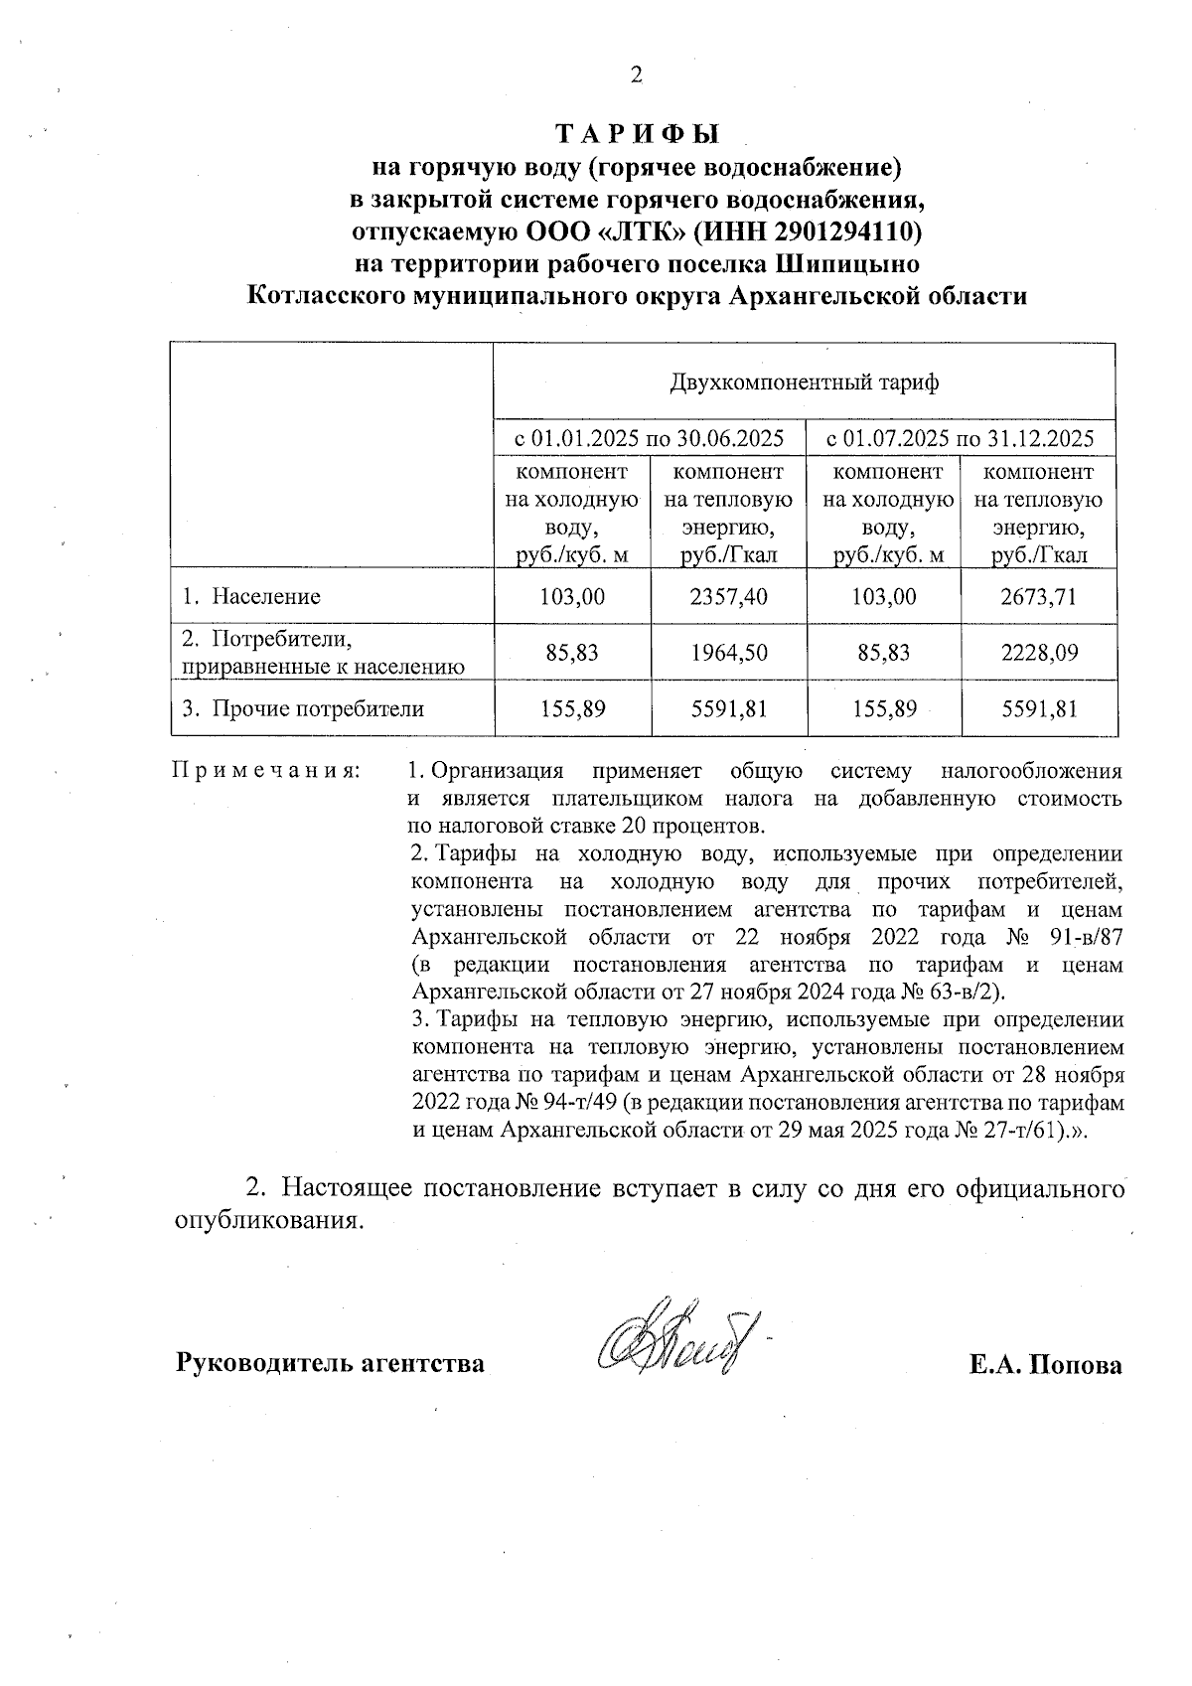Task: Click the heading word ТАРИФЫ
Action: [x=636, y=132]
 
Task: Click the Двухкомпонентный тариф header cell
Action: [x=805, y=383]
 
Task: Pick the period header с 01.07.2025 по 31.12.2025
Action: [x=962, y=438]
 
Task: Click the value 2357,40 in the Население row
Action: [x=729, y=596]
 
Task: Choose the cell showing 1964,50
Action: [x=729, y=653]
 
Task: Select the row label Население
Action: [x=265, y=596]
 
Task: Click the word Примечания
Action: [x=266, y=771]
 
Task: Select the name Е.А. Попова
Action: [x=1045, y=1364]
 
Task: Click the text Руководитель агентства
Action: [x=330, y=1364]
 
